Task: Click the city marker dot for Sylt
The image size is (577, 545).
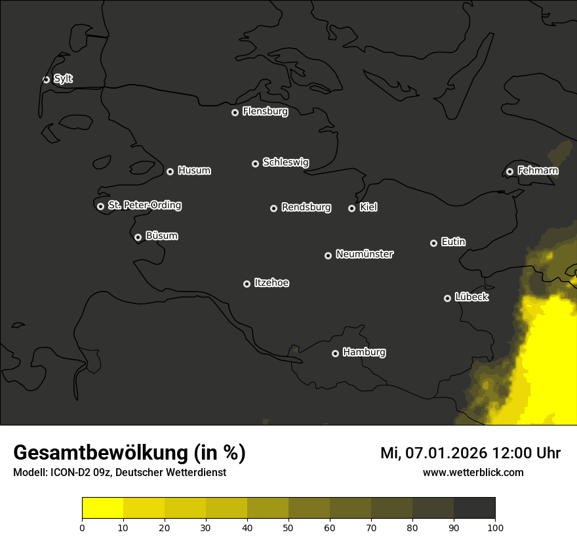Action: point(46,79)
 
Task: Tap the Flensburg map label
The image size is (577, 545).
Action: point(265,112)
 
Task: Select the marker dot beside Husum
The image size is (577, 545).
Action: point(170,171)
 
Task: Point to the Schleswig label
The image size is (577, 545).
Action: point(285,162)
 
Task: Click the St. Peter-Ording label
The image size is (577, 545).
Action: point(144,206)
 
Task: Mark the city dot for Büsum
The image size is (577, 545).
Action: point(138,238)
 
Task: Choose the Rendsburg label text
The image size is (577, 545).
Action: point(306,207)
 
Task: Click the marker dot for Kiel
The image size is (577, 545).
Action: point(351,208)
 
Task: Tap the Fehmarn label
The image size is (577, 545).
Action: point(538,171)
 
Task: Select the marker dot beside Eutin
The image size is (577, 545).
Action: point(433,243)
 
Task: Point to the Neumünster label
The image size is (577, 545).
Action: point(364,254)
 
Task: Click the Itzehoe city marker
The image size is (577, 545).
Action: point(247,284)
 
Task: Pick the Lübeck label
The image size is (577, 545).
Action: point(471,297)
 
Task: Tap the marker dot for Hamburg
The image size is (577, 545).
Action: point(335,353)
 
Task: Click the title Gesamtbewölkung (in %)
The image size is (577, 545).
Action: point(129,453)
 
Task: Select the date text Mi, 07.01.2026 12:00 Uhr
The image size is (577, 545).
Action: point(470,453)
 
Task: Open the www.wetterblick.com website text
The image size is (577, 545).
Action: point(473,472)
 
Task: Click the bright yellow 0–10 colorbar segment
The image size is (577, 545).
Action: point(103,508)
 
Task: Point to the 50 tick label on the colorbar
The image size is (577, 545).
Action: point(288,527)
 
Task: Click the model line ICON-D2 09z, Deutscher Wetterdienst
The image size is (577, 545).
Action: point(119,473)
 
